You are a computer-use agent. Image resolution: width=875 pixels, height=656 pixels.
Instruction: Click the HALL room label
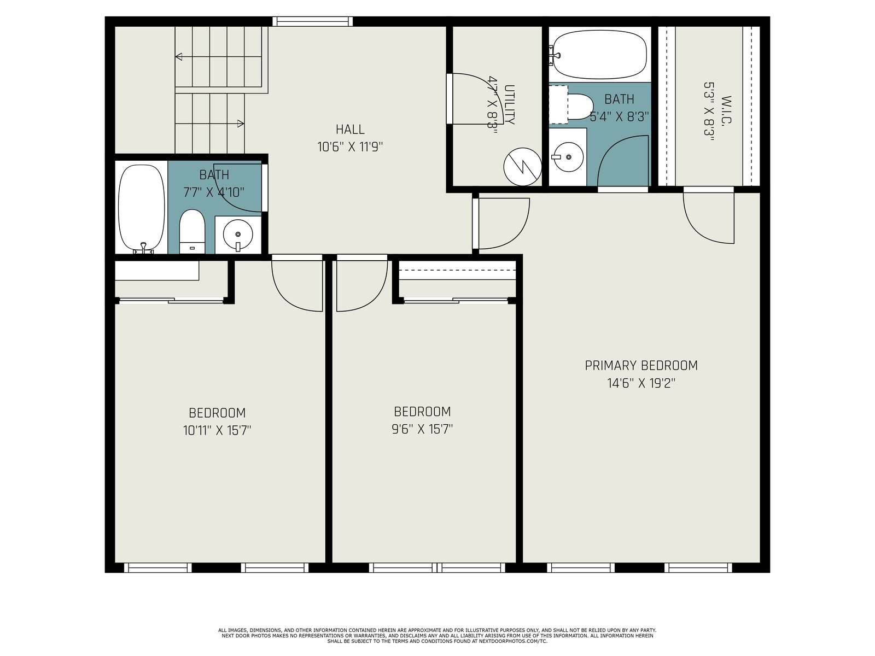(350, 130)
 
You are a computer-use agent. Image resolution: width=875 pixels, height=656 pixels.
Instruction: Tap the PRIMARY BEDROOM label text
(641, 365)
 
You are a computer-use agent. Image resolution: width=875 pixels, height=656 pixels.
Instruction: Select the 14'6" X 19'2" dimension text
(641, 383)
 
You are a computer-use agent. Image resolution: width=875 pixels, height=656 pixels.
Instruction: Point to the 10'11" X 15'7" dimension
(217, 430)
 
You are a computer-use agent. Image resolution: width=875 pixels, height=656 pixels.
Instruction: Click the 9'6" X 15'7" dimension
(422, 429)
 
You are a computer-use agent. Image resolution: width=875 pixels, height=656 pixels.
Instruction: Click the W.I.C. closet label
(727, 109)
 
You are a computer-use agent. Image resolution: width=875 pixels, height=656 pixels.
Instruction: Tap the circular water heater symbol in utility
(523, 167)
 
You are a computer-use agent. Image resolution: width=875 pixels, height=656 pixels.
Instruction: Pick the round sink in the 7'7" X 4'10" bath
(238, 235)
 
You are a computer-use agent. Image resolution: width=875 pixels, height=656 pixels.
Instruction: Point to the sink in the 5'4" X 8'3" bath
(568, 156)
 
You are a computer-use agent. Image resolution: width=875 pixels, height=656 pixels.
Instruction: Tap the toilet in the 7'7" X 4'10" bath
(192, 231)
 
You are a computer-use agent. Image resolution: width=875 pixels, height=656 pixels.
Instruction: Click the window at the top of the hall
(312, 21)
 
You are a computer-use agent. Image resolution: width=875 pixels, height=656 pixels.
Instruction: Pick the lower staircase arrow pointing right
(209, 124)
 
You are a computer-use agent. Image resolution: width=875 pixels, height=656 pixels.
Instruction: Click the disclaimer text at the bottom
(437, 636)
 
